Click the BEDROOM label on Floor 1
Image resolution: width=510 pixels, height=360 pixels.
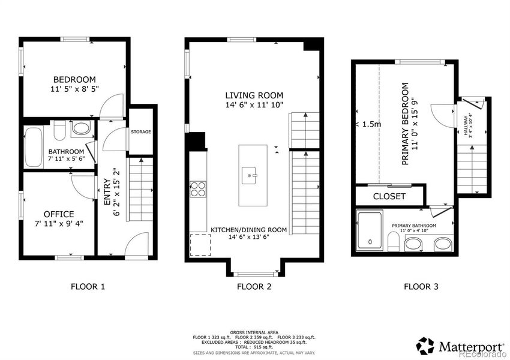[74, 80]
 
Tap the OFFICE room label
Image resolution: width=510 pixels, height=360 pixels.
[59, 214]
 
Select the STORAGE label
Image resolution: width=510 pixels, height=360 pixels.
[142, 132]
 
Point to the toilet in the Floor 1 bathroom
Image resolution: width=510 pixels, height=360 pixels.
[59, 130]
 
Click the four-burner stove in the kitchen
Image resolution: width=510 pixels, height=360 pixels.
[197, 189]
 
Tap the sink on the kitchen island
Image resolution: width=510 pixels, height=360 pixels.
[250, 176]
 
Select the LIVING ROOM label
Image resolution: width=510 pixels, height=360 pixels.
[254, 95]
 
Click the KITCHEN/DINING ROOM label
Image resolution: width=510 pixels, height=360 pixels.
[248, 230]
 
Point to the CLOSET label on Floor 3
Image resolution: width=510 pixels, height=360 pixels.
[389, 196]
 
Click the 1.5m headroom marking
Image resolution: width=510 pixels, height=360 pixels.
[368, 124]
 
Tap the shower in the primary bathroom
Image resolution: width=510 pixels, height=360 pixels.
[370, 230]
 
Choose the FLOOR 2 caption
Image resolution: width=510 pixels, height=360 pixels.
[254, 287]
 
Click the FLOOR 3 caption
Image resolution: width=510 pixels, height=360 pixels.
[420, 287]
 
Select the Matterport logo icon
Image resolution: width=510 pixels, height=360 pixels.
[425, 346]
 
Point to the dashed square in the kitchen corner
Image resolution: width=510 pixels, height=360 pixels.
[200, 245]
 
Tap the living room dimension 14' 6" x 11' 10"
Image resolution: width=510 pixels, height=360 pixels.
[254, 106]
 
